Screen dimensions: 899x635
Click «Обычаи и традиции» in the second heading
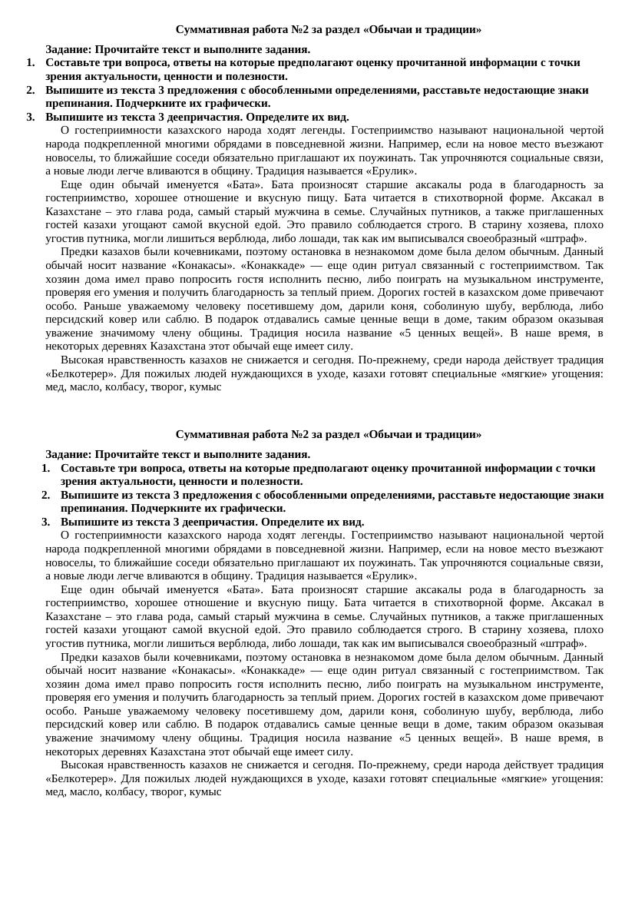tap(422, 434)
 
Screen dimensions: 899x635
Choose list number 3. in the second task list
tap(47, 522)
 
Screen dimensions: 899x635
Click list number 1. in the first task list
tap(31, 62)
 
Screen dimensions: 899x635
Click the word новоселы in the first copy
tap(69, 157)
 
